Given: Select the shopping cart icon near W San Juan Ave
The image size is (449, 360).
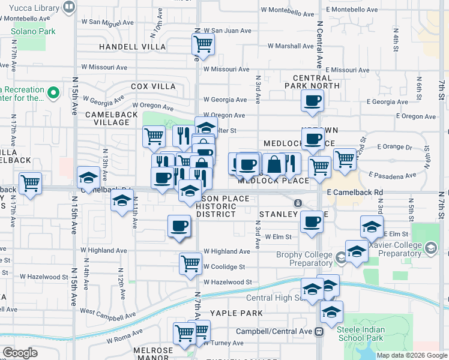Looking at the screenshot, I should tap(203, 44).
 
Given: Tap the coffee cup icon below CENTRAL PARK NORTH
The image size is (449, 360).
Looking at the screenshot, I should tap(312, 102).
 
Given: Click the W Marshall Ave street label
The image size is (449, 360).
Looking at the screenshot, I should tap(291, 46).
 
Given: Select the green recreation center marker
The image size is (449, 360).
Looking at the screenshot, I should tap(53, 93).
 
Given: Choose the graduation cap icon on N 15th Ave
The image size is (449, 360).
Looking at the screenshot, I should tap(88, 178).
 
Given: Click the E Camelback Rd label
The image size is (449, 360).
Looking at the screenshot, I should tap(355, 192).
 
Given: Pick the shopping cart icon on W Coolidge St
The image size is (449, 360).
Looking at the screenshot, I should tap(190, 263).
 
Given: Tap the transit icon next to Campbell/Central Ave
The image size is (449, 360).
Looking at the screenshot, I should tap(320, 331).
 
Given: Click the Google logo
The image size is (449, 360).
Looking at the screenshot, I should tap(20, 353).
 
